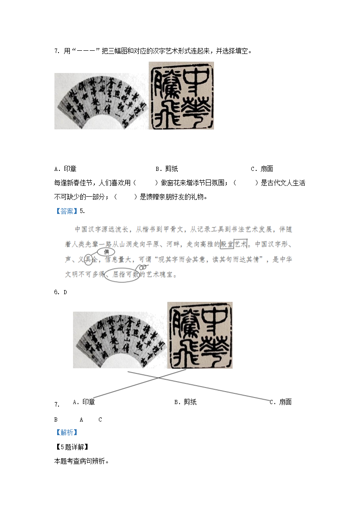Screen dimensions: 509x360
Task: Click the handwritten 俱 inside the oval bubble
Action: (x=107, y=252)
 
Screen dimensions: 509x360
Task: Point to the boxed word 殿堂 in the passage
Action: (x=226, y=244)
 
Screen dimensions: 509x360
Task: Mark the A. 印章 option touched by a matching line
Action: (x=84, y=402)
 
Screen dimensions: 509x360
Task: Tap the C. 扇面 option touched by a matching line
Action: (x=281, y=402)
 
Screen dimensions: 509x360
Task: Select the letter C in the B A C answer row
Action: (x=100, y=420)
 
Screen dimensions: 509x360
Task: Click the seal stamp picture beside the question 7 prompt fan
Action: (x=181, y=96)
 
